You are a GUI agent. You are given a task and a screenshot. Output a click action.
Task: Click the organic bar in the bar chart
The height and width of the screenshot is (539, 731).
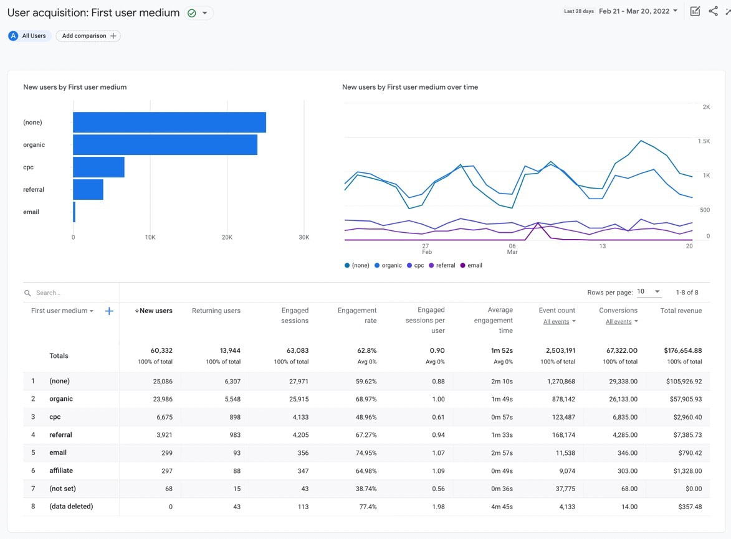pyautogui.click(x=165, y=145)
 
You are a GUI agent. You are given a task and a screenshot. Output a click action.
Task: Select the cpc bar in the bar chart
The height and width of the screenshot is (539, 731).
pyautogui.click(x=98, y=167)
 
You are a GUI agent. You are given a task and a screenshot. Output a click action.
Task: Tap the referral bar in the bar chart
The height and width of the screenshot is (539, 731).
pyautogui.click(x=88, y=190)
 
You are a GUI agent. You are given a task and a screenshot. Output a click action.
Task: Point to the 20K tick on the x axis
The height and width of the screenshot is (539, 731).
pyautogui.click(x=227, y=237)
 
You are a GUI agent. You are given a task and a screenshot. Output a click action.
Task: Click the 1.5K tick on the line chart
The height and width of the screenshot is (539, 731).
pyautogui.click(x=704, y=141)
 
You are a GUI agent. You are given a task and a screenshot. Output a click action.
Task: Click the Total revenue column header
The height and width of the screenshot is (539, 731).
pyautogui.click(x=681, y=311)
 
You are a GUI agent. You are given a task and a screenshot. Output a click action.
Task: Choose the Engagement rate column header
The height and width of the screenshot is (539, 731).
pyautogui.click(x=357, y=316)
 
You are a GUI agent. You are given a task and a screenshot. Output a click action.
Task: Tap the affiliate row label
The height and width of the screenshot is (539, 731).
pyautogui.click(x=61, y=471)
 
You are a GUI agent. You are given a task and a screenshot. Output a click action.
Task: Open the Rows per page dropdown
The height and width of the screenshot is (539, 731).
pyautogui.click(x=648, y=292)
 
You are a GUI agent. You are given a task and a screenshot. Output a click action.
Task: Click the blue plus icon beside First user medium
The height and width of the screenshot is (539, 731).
pyautogui.click(x=109, y=311)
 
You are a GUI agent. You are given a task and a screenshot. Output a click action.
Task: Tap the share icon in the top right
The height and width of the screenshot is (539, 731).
pyautogui.click(x=713, y=11)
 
